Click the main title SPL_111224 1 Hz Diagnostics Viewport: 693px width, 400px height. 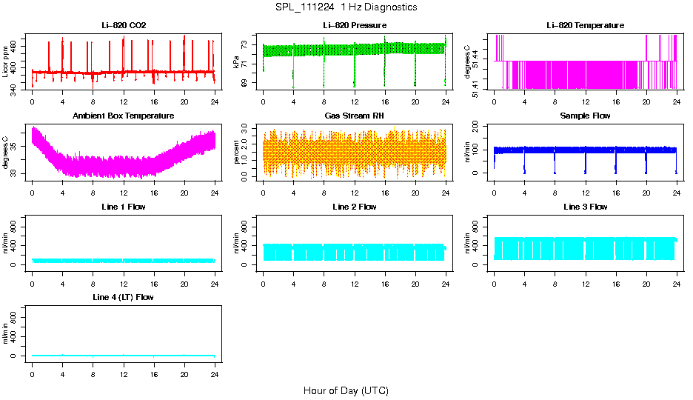click(346, 7)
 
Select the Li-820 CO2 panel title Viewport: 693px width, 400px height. click(124, 26)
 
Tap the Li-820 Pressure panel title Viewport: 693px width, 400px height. click(354, 26)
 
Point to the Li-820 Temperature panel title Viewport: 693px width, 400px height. click(585, 26)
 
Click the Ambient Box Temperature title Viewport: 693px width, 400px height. click(124, 116)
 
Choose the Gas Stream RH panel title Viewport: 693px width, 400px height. click(354, 116)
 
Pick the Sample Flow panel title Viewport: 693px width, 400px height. click(585, 116)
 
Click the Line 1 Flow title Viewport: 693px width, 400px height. click(124, 207)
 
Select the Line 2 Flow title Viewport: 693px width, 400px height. click(354, 207)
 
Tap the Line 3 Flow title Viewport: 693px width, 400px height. click(585, 207)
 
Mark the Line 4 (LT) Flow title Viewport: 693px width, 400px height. click(124, 297)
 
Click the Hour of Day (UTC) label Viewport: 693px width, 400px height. click(346, 390)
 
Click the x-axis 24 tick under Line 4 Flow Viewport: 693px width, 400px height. click(214, 374)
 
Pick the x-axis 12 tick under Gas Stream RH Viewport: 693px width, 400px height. click(354, 193)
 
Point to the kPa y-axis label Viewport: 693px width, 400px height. click(237, 61)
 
